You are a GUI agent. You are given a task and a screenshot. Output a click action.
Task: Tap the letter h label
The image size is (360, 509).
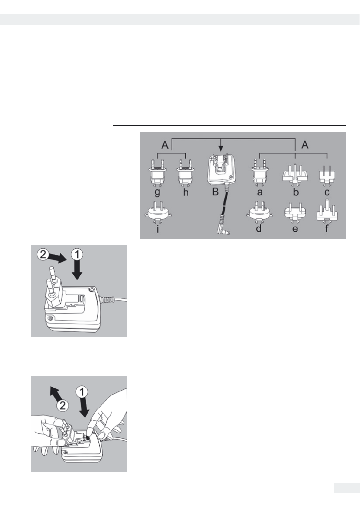click(x=186, y=192)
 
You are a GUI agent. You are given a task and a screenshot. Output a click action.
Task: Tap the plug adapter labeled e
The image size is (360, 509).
click(x=295, y=212)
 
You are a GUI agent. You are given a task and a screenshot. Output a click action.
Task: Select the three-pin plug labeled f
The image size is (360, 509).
click(x=327, y=210)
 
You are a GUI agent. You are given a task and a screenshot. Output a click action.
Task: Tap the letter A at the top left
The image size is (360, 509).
click(x=165, y=145)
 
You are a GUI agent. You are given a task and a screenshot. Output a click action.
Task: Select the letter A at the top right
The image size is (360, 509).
click(x=305, y=145)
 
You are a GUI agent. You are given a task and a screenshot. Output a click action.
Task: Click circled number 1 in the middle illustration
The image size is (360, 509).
click(x=77, y=255)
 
